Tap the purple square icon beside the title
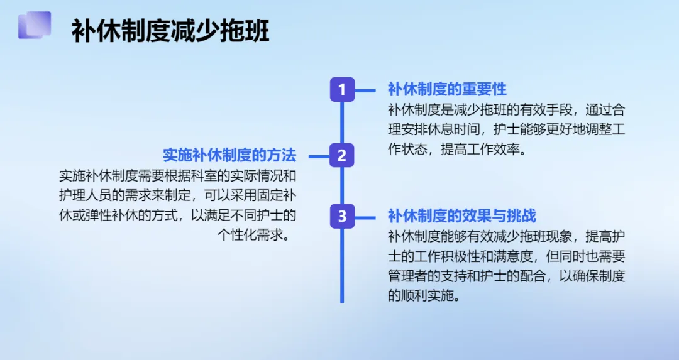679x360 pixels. tap(35, 25)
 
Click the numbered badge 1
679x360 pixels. tap(342, 89)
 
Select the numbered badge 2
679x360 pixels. tap(342, 155)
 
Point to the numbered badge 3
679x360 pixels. tap(342, 216)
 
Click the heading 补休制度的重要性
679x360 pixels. tap(447, 89)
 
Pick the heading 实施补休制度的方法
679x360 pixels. tap(229, 155)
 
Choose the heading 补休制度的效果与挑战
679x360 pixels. tap(461, 216)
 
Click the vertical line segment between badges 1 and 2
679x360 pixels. tap(342, 122)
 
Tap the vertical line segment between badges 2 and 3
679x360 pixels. tap(342, 185)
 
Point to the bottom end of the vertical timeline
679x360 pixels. tap(342, 300)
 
